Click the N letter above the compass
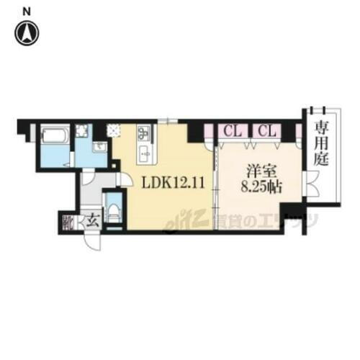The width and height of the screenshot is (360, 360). click(x=27, y=10)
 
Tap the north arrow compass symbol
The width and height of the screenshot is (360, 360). click(x=27, y=31)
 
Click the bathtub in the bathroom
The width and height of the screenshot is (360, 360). click(x=53, y=135)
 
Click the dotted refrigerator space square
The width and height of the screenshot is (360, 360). click(x=114, y=131)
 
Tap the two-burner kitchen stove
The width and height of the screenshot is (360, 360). click(x=143, y=133)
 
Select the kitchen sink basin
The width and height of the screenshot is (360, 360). click(x=143, y=153)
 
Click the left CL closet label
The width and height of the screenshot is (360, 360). click(x=231, y=131)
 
